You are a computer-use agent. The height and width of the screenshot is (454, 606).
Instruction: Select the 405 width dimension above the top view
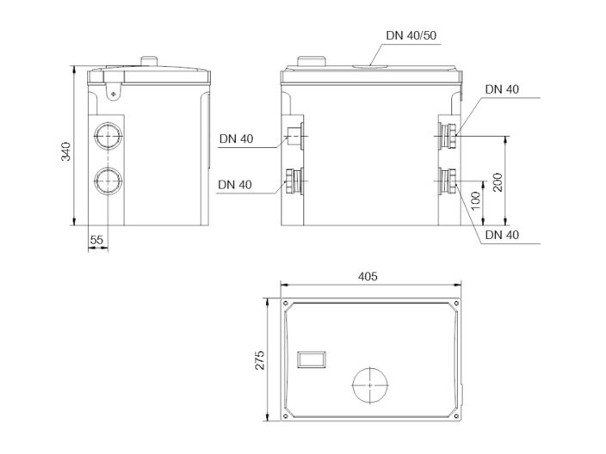[368, 277]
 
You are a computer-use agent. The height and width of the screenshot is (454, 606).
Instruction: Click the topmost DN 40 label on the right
[502, 89]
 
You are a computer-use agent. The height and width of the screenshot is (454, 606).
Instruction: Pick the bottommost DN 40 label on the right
[502, 235]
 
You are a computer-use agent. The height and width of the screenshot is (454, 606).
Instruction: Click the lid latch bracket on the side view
[109, 87]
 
